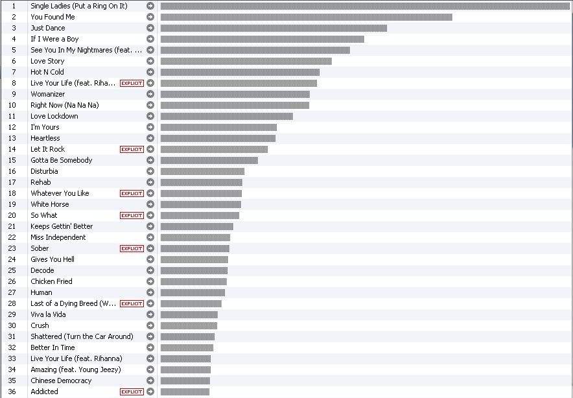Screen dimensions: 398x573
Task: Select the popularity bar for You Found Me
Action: coord(306,17)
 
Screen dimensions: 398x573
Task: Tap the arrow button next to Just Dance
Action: coord(150,28)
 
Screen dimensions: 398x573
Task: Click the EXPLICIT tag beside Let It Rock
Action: coord(132,149)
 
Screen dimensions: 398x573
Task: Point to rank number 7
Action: coord(12,72)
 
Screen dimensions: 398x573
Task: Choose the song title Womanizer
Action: coord(48,94)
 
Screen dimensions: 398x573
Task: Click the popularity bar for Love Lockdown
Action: coord(226,116)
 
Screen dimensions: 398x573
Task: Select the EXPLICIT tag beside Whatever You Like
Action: coord(132,193)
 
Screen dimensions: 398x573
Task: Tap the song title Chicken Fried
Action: coord(51,281)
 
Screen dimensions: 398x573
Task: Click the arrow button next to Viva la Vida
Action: coord(150,314)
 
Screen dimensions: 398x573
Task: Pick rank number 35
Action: coord(12,380)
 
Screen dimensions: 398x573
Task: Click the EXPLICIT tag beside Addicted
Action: coord(132,392)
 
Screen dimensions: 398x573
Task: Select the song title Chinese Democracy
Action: coord(61,380)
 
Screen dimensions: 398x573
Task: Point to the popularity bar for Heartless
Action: coord(218,138)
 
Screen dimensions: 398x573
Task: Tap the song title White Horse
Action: coord(50,204)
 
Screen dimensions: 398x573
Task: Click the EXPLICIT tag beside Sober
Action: coord(132,248)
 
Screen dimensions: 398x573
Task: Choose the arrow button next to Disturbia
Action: coord(150,171)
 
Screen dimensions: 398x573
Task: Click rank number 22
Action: coord(12,237)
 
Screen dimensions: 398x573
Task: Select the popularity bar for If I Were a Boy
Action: coord(262,39)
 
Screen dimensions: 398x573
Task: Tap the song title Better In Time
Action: coord(53,347)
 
